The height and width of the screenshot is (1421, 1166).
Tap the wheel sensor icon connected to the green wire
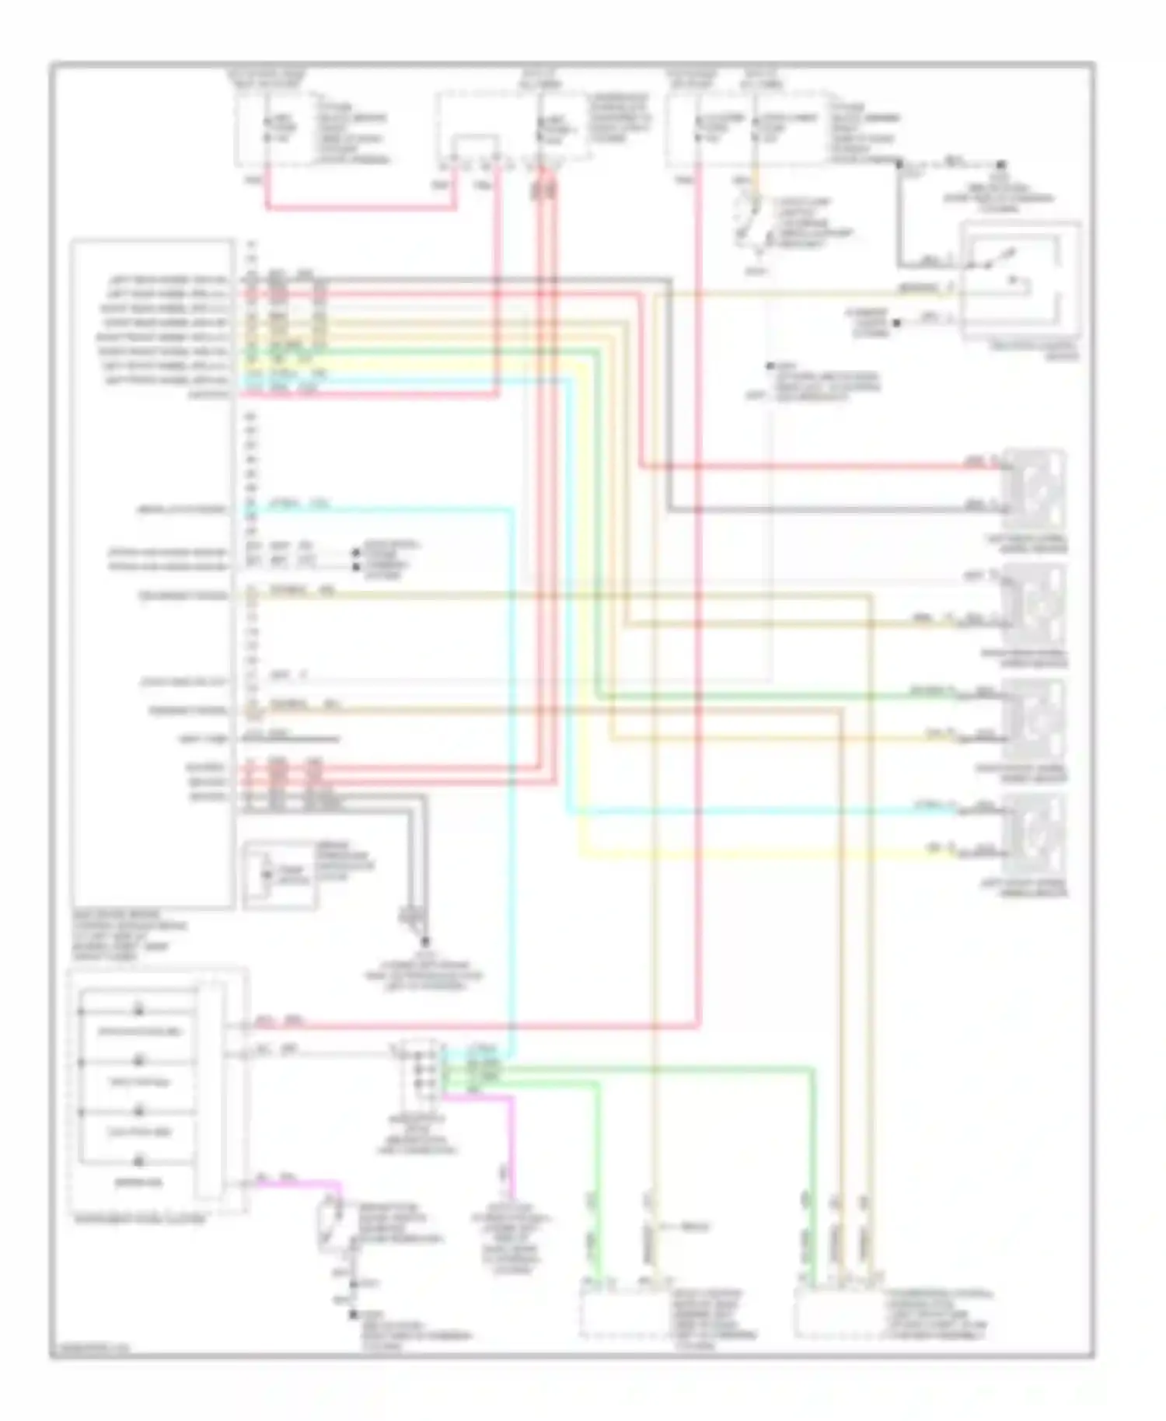click(1035, 717)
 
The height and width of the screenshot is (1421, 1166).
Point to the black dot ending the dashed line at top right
click(1001, 165)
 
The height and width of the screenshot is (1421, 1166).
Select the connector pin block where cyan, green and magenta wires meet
click(421, 1077)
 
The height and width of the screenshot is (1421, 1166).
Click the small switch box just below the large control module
click(280, 875)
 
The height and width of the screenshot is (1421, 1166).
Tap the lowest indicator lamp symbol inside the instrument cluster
click(140, 1161)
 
